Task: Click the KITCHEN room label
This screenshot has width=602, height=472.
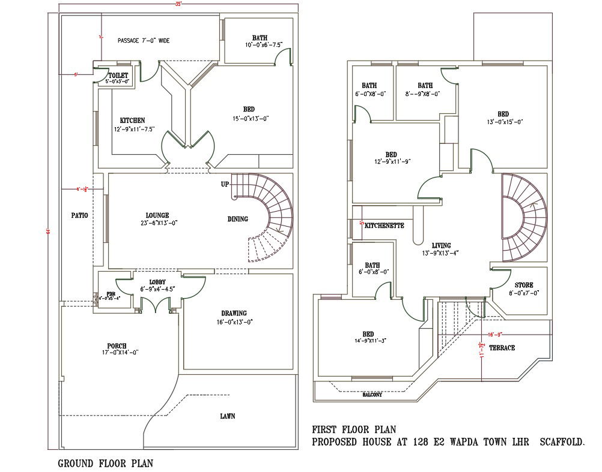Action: [132, 121]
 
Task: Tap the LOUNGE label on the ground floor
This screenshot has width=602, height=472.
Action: [157, 215]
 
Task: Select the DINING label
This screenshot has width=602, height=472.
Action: [238, 219]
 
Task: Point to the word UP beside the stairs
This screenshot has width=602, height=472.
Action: [225, 184]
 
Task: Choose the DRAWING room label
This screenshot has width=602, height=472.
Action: [234, 313]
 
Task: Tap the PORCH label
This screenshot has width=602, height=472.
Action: [117, 346]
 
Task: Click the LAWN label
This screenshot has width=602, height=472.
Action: [227, 416]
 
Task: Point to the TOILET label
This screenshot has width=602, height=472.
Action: [118, 75]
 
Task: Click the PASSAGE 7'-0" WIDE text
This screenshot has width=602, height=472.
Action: [144, 41]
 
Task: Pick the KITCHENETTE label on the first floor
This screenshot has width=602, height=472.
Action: [384, 226]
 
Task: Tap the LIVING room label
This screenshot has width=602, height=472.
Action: [441, 245]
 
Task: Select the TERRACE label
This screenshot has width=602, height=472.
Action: [502, 348]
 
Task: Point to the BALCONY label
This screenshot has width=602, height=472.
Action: [374, 395]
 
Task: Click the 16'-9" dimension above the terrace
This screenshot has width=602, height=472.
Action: [494, 335]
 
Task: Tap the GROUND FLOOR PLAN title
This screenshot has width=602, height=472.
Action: [105, 463]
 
